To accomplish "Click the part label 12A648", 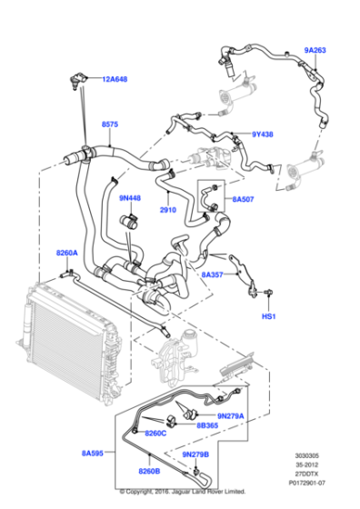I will (115, 79).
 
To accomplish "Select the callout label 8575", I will (110, 125).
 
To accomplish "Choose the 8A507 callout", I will (243, 198).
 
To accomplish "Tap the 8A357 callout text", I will (212, 274).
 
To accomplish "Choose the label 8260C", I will (155, 434).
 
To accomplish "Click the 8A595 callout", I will (93, 452).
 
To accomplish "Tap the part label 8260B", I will (149, 471).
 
